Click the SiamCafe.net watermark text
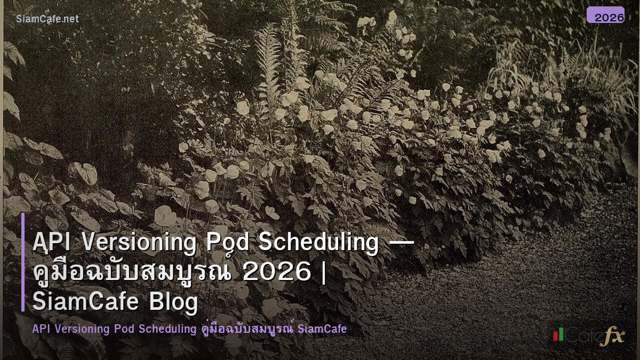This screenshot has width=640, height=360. pyautogui.click(x=47, y=19)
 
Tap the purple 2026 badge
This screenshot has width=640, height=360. pyautogui.click(x=605, y=15)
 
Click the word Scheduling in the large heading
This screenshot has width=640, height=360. pyautogui.click(x=318, y=243)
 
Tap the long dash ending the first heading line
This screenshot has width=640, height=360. pyautogui.click(x=402, y=243)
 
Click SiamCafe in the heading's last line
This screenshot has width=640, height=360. pyautogui.click(x=83, y=302)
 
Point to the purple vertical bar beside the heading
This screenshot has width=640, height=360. pyautogui.click(x=23, y=262)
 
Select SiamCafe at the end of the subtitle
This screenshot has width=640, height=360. pyautogui.click(x=323, y=329)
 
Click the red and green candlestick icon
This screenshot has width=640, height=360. pyautogui.click(x=558, y=335)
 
